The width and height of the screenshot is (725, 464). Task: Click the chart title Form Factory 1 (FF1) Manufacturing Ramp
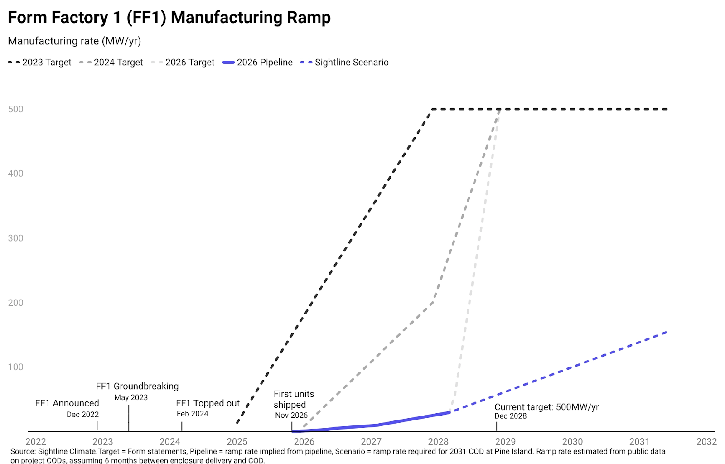[x=169, y=18]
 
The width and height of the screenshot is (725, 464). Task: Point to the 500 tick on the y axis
[x=16, y=109]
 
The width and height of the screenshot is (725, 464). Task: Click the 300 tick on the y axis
[x=16, y=238]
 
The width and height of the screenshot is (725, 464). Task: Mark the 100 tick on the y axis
[x=16, y=367]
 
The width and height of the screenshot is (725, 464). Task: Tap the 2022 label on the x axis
[x=36, y=442]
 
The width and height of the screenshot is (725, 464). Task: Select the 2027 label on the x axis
[x=371, y=442]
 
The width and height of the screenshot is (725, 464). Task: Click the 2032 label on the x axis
[x=706, y=442]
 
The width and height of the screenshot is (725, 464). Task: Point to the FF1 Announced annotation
[x=67, y=403]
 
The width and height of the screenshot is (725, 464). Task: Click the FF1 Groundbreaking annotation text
[x=137, y=387]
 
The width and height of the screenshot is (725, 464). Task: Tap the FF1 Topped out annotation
[x=208, y=403]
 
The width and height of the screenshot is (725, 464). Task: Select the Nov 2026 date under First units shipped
[x=291, y=416]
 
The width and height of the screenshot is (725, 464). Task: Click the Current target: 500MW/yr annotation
[x=546, y=407]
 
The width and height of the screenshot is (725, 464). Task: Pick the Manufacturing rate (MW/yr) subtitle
[x=75, y=41]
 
